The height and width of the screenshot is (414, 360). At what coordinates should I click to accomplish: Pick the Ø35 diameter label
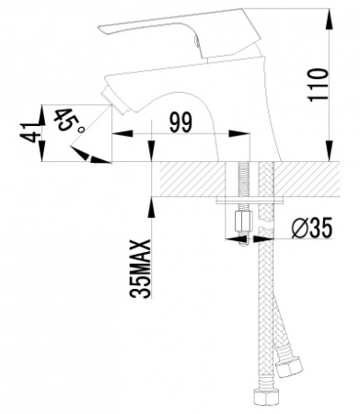coord(304,225)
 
